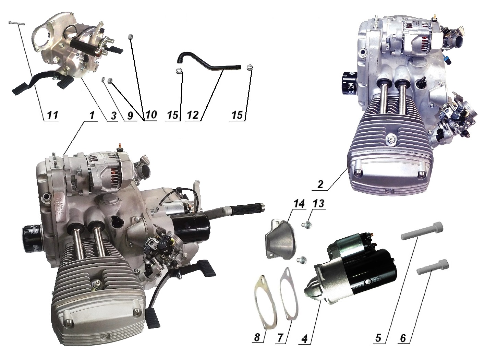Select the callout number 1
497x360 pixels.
coord(91,116)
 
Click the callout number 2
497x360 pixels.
coord(320,184)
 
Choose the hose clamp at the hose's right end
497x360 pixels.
coord(249,67)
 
